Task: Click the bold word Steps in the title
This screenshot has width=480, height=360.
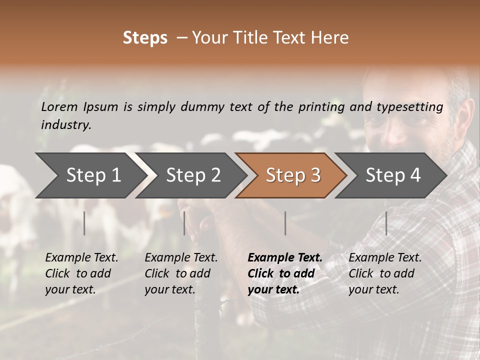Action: [145, 38]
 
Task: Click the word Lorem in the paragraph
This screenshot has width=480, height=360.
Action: [59, 106]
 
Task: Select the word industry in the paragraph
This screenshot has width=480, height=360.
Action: [66, 125]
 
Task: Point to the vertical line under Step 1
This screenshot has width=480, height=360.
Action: [84, 223]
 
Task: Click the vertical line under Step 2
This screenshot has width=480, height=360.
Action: [184, 223]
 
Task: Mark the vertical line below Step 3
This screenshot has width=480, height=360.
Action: [285, 223]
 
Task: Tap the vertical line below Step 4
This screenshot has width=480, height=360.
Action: [386, 223]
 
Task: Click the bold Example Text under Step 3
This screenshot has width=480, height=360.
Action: [285, 258]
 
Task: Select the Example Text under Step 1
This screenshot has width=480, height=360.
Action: [81, 258]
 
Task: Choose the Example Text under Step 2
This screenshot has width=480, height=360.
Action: [181, 258]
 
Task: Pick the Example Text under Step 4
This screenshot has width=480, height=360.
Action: [385, 258]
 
